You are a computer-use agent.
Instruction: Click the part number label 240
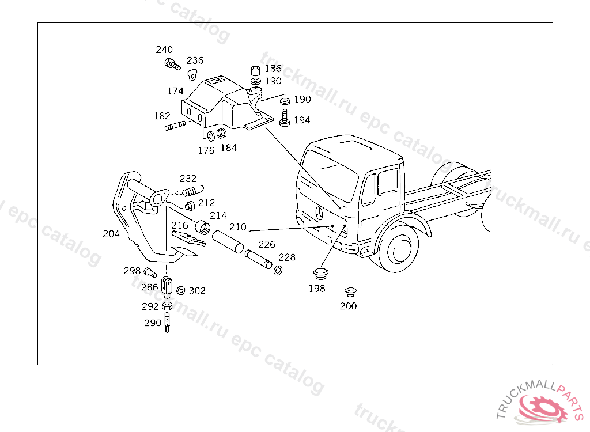164,50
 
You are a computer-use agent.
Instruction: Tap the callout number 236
195,60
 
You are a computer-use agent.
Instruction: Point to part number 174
175,91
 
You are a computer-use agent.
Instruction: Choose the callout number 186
273,69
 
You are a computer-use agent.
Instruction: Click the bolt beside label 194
285,120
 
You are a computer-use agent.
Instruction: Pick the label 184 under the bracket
228,147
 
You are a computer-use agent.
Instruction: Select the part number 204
111,234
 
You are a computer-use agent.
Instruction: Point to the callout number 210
237,227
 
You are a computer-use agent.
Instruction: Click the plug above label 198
320,273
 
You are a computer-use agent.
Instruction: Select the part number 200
348,306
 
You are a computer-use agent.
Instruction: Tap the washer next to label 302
180,290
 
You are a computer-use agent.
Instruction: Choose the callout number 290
153,323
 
